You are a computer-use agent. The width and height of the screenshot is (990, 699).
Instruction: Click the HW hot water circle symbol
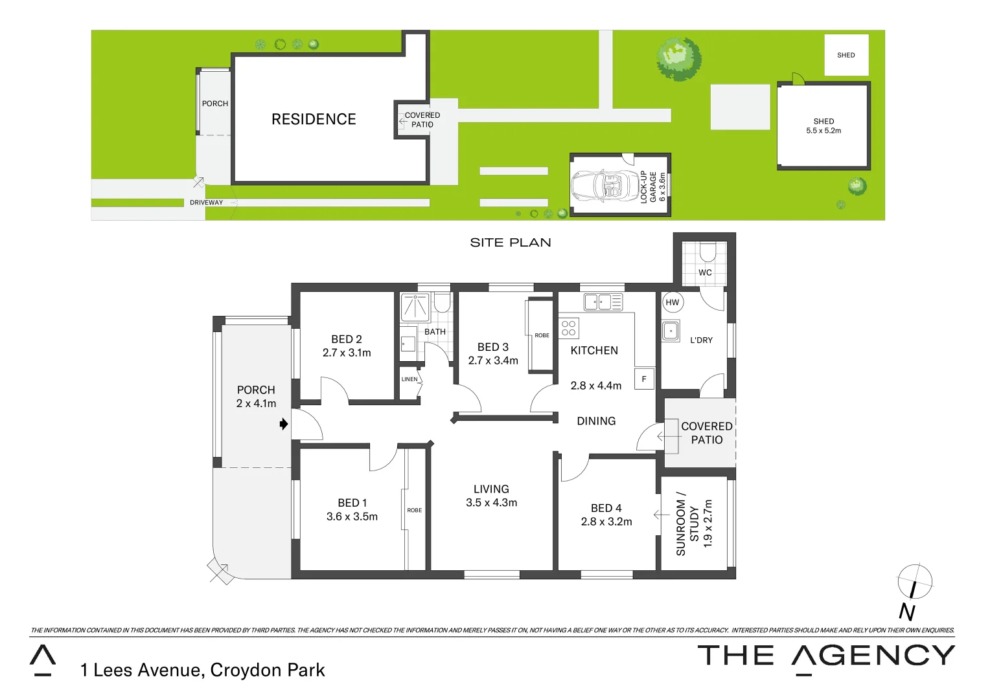point(673,302)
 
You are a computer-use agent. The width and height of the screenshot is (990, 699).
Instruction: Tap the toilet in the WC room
point(708,251)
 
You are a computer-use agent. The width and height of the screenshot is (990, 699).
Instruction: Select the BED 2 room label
point(347,339)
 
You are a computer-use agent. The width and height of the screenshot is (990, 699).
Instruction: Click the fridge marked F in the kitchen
point(644,379)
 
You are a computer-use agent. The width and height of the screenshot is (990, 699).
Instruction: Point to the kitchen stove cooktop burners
point(569,328)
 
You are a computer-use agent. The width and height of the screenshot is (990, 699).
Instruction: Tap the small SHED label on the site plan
point(846,55)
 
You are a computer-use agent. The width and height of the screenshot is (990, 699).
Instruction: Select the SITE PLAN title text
point(511,243)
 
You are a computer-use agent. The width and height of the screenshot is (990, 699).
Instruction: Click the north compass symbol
point(914,582)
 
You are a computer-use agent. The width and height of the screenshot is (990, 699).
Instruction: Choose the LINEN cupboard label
point(409,379)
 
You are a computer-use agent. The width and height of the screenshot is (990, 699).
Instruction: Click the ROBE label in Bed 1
point(415,510)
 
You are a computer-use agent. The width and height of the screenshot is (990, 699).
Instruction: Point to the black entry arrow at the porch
point(283,425)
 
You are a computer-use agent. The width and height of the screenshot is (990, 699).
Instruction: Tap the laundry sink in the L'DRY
point(671,331)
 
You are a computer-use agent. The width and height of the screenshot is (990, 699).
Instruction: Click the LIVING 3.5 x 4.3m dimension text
point(491,503)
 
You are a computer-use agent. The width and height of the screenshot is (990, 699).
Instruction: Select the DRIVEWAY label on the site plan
point(206,203)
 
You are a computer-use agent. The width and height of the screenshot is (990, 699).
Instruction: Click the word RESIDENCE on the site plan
point(314,119)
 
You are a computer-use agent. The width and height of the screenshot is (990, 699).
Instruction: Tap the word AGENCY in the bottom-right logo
point(873,656)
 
